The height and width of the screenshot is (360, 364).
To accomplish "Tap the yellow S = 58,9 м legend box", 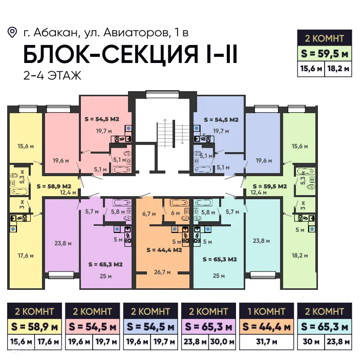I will point(34,326).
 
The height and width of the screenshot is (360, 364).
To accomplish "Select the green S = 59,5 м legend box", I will point(325,53).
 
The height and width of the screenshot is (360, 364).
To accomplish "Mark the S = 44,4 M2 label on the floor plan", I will point(164,250).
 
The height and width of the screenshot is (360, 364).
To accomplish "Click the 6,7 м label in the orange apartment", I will point(148,213).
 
